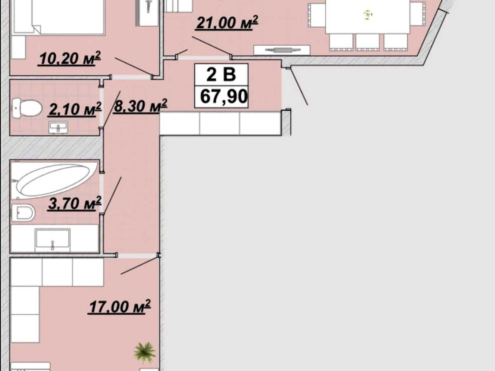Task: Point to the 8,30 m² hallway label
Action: [140, 106]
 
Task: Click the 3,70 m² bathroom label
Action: [74, 203]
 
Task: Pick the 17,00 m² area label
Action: [120, 307]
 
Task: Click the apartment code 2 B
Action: [221, 75]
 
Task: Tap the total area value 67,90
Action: [224, 96]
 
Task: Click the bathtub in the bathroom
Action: [54, 180]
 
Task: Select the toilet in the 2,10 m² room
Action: [27, 108]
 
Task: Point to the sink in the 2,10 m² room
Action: [59, 127]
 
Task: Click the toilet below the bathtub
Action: [23, 213]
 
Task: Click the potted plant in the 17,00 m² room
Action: [144, 353]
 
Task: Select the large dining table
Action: [368, 16]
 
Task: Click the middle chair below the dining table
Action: [368, 42]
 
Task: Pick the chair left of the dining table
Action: [317, 15]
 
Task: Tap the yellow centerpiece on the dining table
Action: [368, 15]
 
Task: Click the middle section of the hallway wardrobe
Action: [219, 124]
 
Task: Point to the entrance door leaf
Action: [299, 86]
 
